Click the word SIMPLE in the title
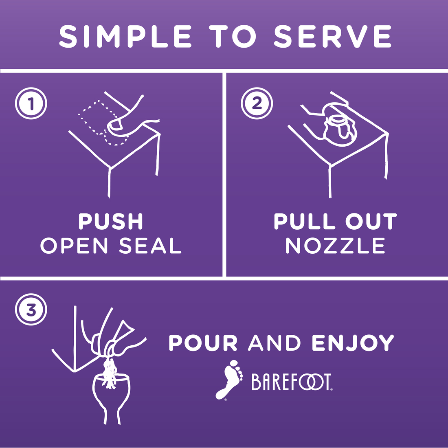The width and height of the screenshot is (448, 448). point(125,36)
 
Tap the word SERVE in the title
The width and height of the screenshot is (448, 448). point(332,36)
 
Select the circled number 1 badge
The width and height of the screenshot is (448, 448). point(31,103)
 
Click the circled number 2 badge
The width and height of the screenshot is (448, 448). point(257,103)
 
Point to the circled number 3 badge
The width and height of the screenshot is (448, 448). point(31,310)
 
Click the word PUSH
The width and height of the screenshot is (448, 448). point(110,222)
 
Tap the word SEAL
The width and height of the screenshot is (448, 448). point(150,246)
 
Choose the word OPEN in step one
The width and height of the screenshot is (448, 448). point(74,246)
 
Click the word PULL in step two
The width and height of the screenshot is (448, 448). point(304,222)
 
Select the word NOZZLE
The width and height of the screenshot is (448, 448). point(336,246)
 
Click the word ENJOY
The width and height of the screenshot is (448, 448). point(353,343)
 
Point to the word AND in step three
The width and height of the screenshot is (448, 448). point(274,343)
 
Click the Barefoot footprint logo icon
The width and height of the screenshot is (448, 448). point(229,380)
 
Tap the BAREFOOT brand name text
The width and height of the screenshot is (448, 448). point(292,382)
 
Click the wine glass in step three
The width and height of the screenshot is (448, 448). point(112,397)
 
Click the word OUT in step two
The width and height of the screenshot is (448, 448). point(371,222)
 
